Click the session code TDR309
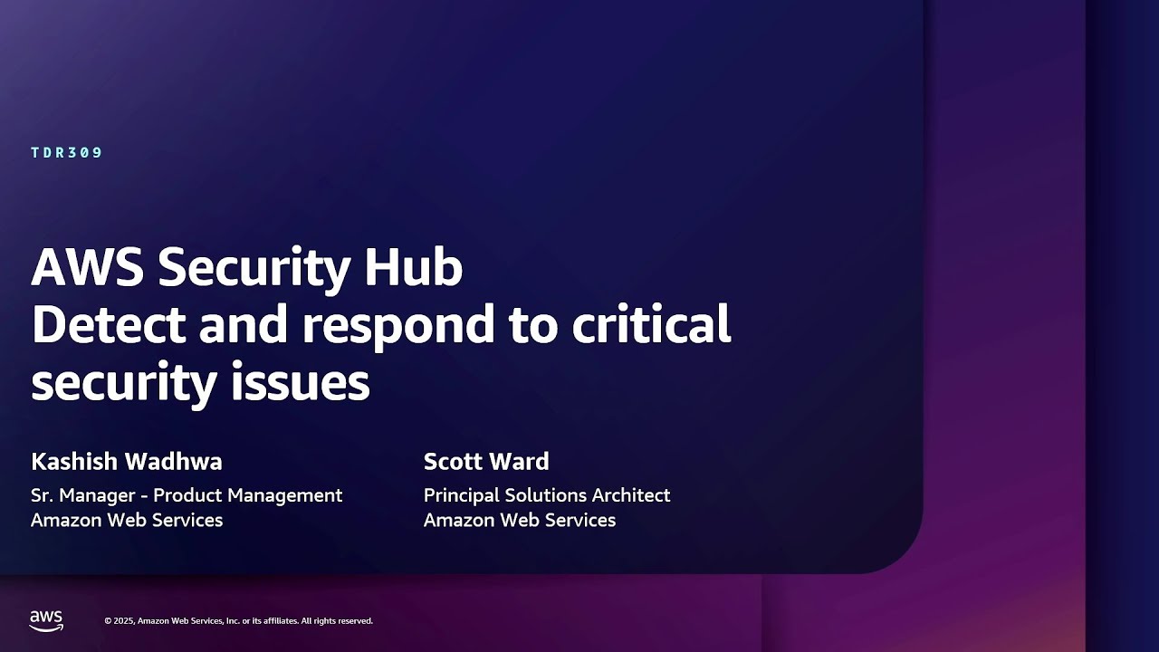pyautogui.click(x=67, y=153)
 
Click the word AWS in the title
pyautogui.click(x=87, y=268)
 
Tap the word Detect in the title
pyautogui.click(x=108, y=324)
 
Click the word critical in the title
pyautogui.click(x=651, y=324)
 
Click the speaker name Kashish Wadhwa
pyautogui.click(x=127, y=462)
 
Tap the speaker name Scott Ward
pyautogui.click(x=486, y=462)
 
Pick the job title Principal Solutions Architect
pyautogui.click(x=547, y=495)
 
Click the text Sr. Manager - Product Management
pyautogui.click(x=187, y=495)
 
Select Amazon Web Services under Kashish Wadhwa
pyautogui.click(x=127, y=520)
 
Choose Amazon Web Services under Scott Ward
pyautogui.click(x=520, y=520)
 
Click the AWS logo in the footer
pyautogui.click(x=46, y=620)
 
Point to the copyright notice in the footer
pyautogui.click(x=238, y=621)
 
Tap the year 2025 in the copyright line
pyautogui.click(x=124, y=621)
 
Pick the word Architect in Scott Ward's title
pyautogui.click(x=631, y=495)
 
